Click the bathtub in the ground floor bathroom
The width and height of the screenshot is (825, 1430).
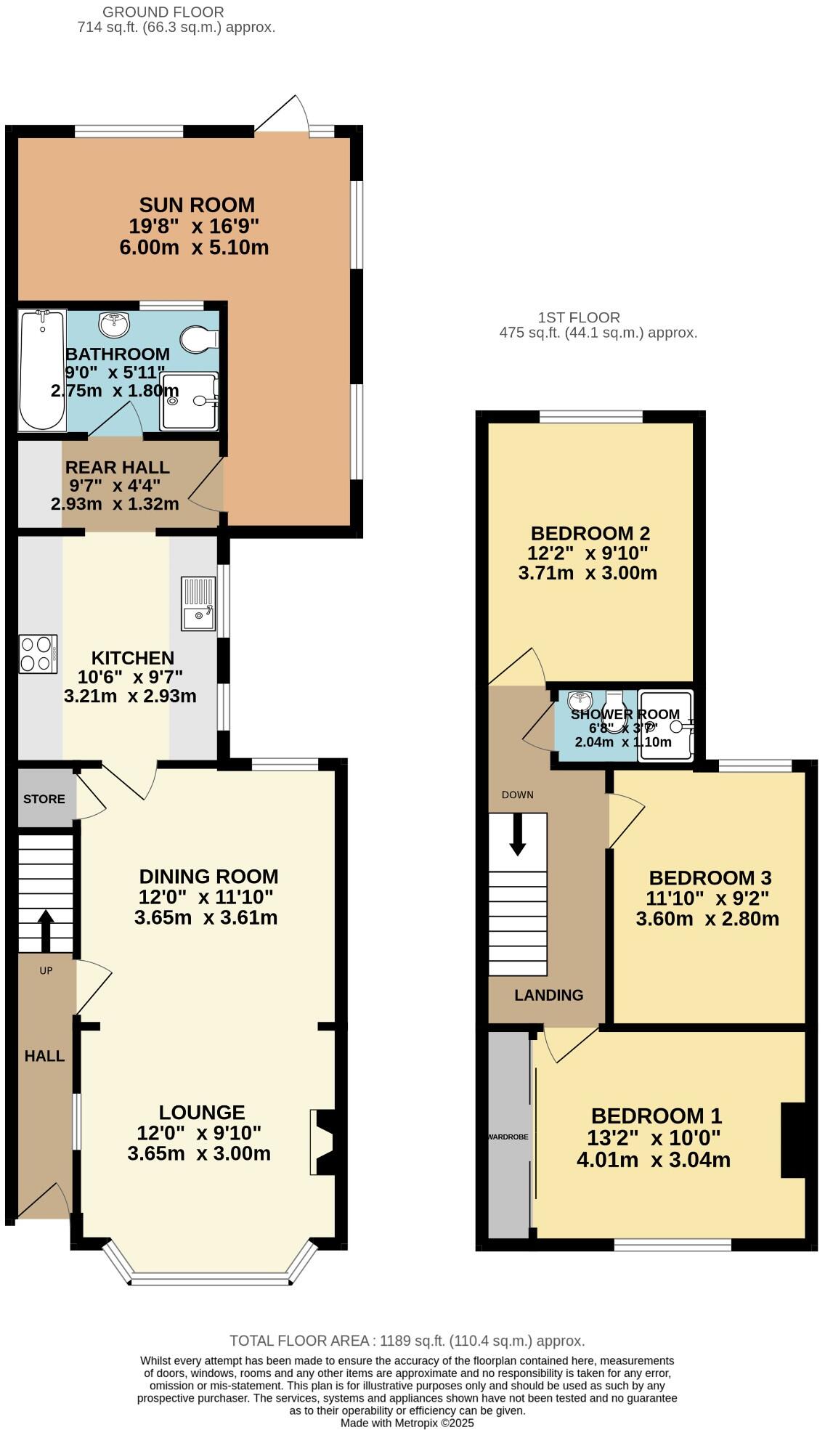pyautogui.click(x=42, y=370)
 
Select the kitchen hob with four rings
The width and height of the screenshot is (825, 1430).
pyautogui.click(x=38, y=654)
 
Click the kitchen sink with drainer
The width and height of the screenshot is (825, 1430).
pyautogui.click(x=198, y=603)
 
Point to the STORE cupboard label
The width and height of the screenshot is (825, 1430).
pyautogui.click(x=44, y=799)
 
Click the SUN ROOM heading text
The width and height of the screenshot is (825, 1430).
pyautogui.click(x=197, y=205)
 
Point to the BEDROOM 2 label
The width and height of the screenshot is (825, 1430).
pyautogui.click(x=590, y=534)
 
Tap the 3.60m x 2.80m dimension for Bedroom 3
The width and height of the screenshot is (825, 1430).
pyautogui.click(x=707, y=919)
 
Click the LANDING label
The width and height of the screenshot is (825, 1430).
pyautogui.click(x=548, y=995)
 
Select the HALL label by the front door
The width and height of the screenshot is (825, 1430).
pyautogui.click(x=44, y=1056)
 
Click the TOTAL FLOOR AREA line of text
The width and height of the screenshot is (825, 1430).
pyautogui.click(x=407, y=1341)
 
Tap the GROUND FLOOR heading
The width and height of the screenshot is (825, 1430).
pyautogui.click(x=163, y=12)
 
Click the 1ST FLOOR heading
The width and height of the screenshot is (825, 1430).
pyautogui.click(x=579, y=317)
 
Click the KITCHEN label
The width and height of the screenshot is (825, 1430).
pyautogui.click(x=132, y=658)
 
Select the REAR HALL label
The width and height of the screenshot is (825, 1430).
pyautogui.click(x=117, y=468)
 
